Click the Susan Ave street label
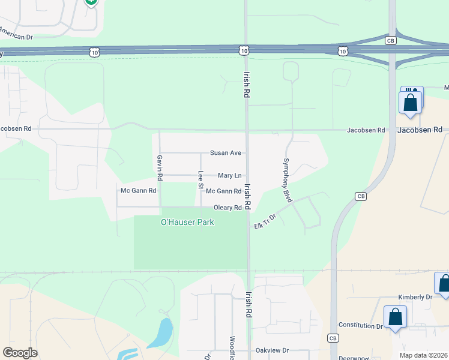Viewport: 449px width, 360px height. coord(225,153)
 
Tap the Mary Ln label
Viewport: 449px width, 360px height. coord(229,175)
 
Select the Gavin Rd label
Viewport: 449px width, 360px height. coord(160,168)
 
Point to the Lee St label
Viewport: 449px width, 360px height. coord(200,180)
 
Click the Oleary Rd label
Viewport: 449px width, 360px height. coord(228,208)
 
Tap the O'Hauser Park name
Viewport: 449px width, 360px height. coord(187,223)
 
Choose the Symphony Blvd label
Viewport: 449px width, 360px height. coord(287,180)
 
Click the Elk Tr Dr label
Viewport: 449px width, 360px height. coord(265,221)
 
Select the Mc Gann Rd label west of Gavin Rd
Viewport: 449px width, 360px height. coord(138,191)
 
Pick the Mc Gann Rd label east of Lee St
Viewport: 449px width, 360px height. coord(223,191)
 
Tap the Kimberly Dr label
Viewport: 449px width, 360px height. coord(415,297)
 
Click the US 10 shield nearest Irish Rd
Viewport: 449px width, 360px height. coord(243,52)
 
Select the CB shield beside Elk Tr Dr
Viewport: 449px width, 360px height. coord(360,196)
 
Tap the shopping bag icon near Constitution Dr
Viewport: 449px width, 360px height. coord(396,317)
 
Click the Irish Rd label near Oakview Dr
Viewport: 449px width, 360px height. coord(248,305)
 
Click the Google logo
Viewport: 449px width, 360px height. coord(20,353)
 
